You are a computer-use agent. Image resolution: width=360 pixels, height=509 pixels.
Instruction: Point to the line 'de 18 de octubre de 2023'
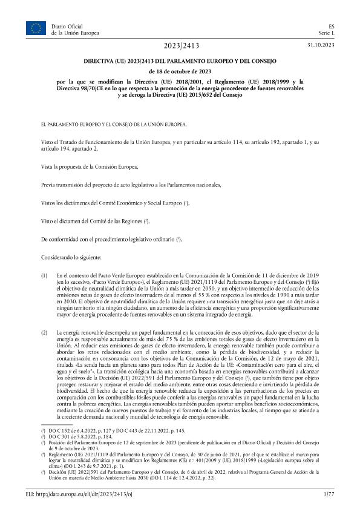tap(180, 71)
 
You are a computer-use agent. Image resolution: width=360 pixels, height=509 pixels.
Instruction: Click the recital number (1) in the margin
tap(44, 275)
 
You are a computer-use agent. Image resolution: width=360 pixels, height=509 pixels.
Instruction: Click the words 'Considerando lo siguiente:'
tap(71, 258)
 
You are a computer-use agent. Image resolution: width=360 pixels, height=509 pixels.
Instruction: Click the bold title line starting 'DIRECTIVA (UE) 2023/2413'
tap(180, 62)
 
